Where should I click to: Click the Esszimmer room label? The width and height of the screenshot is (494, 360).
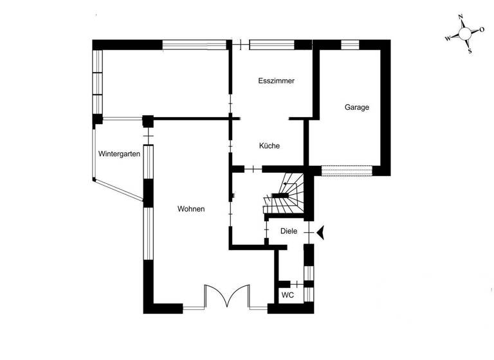(x=276, y=82)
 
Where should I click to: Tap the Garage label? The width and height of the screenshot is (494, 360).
(x=357, y=107)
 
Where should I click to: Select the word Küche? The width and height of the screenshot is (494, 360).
(x=270, y=146)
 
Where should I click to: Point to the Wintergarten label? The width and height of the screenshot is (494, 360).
(x=119, y=154)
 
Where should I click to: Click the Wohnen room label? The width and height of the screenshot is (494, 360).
(x=191, y=209)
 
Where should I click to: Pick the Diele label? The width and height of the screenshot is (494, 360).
(x=289, y=231)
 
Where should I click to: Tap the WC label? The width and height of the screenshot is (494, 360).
(x=288, y=295)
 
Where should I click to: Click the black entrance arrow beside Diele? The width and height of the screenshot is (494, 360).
(x=320, y=232)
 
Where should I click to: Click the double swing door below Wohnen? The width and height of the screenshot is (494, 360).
(x=227, y=298)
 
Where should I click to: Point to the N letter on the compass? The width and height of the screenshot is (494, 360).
(x=461, y=18)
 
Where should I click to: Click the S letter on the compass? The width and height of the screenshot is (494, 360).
(x=470, y=50)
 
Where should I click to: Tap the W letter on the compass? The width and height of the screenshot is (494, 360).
(x=448, y=39)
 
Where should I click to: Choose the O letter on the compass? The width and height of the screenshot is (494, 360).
(x=482, y=30)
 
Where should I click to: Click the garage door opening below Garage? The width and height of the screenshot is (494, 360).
(x=347, y=170)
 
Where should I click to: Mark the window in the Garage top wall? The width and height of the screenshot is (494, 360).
(x=350, y=44)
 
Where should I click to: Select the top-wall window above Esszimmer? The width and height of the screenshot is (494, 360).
(x=271, y=44)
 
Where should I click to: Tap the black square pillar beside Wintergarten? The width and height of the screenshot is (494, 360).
(x=148, y=120)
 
